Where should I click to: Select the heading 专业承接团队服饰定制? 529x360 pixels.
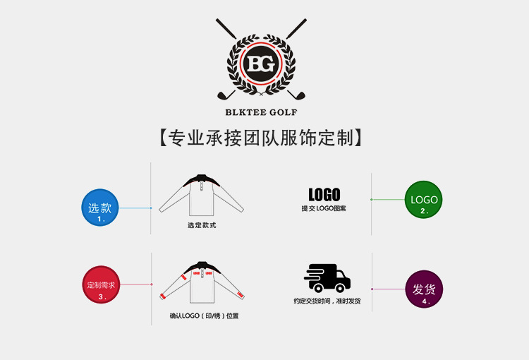(x=261, y=137)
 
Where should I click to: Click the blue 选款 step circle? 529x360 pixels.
(x=100, y=208)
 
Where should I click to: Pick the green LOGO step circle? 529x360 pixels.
(x=424, y=199)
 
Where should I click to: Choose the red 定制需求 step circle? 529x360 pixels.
(x=101, y=285)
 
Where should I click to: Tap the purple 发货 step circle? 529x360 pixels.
(x=424, y=289)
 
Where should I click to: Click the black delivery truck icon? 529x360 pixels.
(x=327, y=279)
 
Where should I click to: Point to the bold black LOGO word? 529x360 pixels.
(x=324, y=194)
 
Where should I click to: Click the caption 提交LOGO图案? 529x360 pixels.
(x=324, y=209)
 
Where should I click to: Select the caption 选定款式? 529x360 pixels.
(x=202, y=226)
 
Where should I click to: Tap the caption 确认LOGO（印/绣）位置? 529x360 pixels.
(x=204, y=316)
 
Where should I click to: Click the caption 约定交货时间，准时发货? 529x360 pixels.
(x=327, y=301)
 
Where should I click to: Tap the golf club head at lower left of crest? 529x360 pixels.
(x=225, y=95)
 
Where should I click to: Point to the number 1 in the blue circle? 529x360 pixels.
(x=101, y=220)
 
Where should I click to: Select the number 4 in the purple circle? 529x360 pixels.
(x=425, y=301)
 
